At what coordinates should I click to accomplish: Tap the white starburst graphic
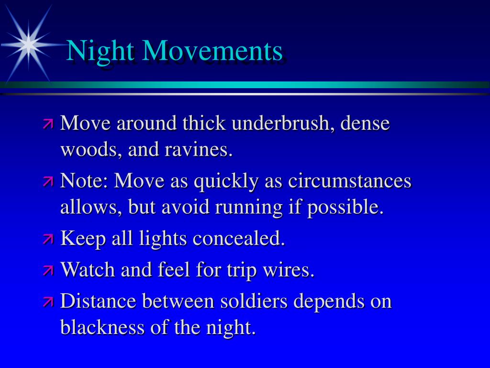coord(29,44)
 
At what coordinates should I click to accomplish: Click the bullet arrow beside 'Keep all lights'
coord(48,239)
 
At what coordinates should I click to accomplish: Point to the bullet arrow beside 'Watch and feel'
coord(48,270)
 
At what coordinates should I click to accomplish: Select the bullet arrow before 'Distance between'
coord(48,301)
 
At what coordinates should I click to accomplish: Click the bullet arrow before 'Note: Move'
coord(48,181)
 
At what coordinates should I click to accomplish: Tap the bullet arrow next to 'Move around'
coord(48,124)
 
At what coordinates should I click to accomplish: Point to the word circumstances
coord(349,181)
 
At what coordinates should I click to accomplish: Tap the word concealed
coord(239,238)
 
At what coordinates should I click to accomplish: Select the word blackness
coord(102,327)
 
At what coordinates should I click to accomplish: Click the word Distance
coord(98,301)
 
